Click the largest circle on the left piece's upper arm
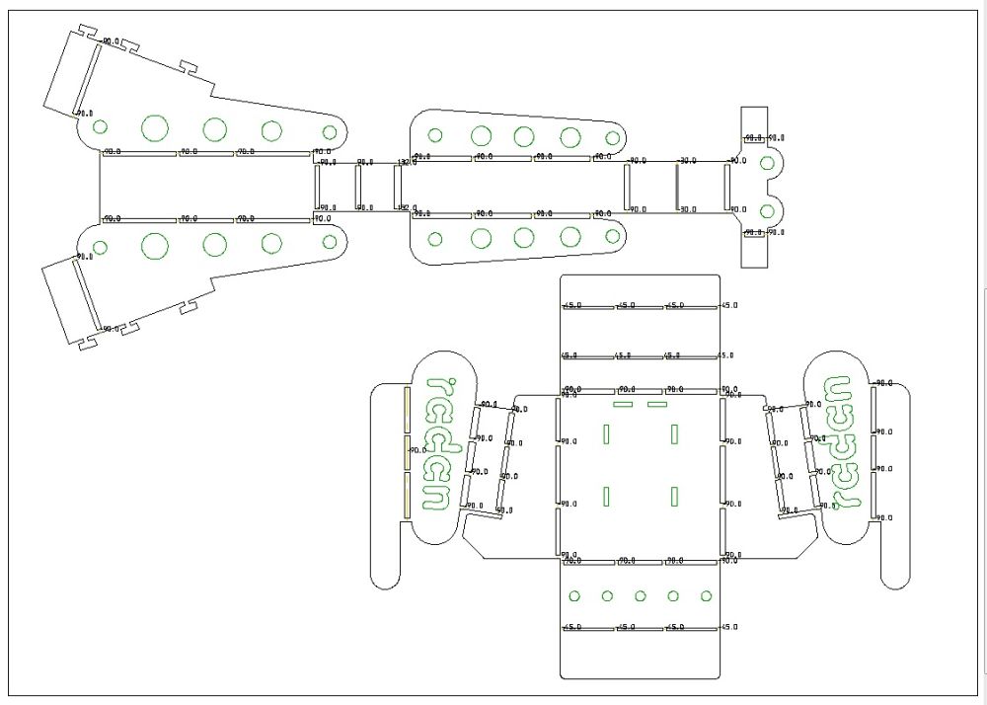pyautogui.click(x=155, y=127)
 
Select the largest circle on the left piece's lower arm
pyautogui.click(x=155, y=245)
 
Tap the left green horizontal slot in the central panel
pyautogui.click(x=623, y=404)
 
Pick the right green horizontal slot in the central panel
pyautogui.click(x=657, y=404)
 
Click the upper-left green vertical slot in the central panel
pyautogui.click(x=607, y=433)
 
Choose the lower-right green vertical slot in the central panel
pyautogui.click(x=675, y=496)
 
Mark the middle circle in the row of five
pyautogui.click(x=641, y=595)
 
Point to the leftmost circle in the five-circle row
pyautogui.click(x=573, y=595)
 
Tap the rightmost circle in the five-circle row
pyautogui.click(x=707, y=595)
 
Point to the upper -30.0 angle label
pyautogui.click(x=687, y=160)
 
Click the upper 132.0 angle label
pyautogui.click(x=406, y=162)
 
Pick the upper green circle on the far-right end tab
pyautogui.click(x=767, y=163)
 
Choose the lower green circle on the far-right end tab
pyautogui.click(x=767, y=210)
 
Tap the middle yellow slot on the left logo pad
pyautogui.click(x=407, y=451)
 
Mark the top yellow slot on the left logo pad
pyautogui.click(x=407, y=409)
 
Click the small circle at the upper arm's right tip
pyautogui.click(x=330, y=130)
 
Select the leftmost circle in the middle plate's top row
pyautogui.click(x=434, y=135)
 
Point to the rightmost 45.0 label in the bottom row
pyautogui.click(x=728, y=627)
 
